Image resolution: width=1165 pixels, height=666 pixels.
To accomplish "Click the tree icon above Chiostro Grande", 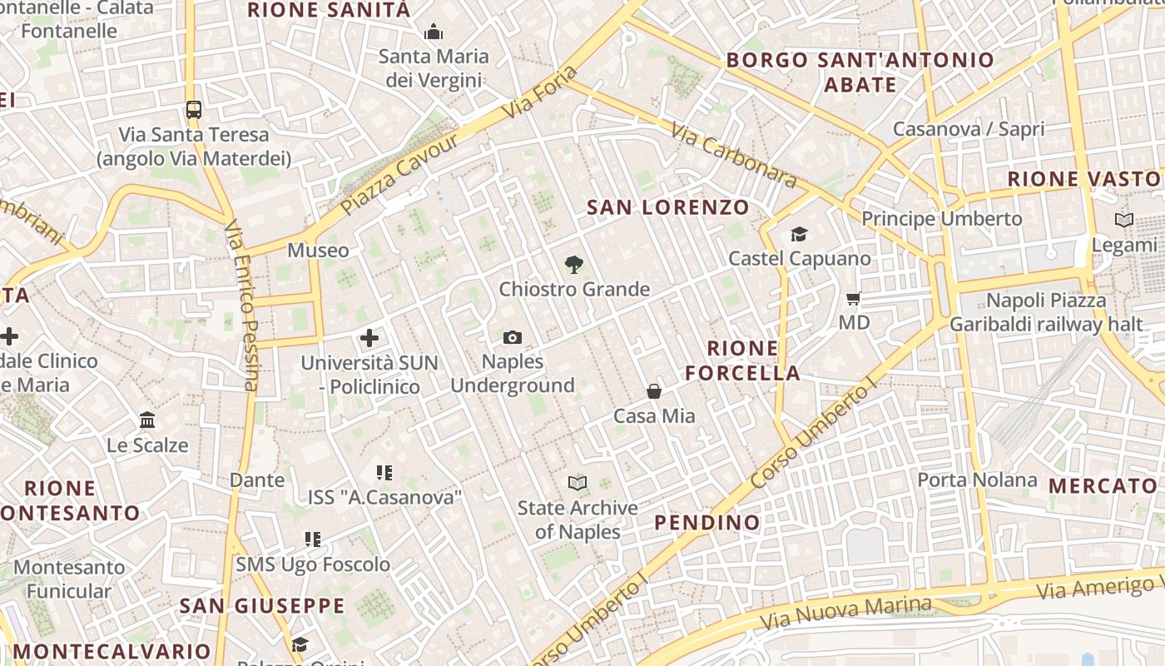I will pos(573,266).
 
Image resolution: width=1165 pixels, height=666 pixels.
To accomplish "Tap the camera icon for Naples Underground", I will pos(513,337).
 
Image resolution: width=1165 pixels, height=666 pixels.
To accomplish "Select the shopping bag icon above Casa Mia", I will pos(654,391).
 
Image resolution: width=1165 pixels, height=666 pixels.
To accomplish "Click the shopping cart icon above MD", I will pos(854,298).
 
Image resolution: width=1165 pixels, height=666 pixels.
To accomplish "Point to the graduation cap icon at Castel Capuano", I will pos(799,234).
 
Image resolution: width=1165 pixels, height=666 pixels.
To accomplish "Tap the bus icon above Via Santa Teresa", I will pos(194,109).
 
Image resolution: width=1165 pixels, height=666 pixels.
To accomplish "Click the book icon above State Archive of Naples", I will pos(578,483).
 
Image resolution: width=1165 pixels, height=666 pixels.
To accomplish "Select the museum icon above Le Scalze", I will pos(147,420).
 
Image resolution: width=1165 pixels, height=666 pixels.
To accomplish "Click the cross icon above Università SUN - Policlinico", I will pos(369,338).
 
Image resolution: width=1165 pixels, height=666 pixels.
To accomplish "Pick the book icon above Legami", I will pos(1124,221).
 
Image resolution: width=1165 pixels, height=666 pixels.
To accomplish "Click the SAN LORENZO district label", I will pos(668,207).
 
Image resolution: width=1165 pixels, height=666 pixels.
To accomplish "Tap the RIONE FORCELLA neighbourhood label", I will pos(743,360).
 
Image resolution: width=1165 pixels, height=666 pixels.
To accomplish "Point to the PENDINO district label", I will pos(707,523).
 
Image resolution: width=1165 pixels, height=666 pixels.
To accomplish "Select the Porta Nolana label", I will pos(977,480).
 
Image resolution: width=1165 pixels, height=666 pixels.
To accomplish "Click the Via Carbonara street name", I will pos(733,156).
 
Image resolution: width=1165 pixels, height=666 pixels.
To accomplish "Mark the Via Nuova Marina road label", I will pos(846,612).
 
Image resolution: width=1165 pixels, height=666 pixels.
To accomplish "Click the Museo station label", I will pos(318,251).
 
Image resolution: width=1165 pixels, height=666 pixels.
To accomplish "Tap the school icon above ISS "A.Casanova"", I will pos(384,473).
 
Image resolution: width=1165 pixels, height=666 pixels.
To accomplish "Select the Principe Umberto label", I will pos(941,219).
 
